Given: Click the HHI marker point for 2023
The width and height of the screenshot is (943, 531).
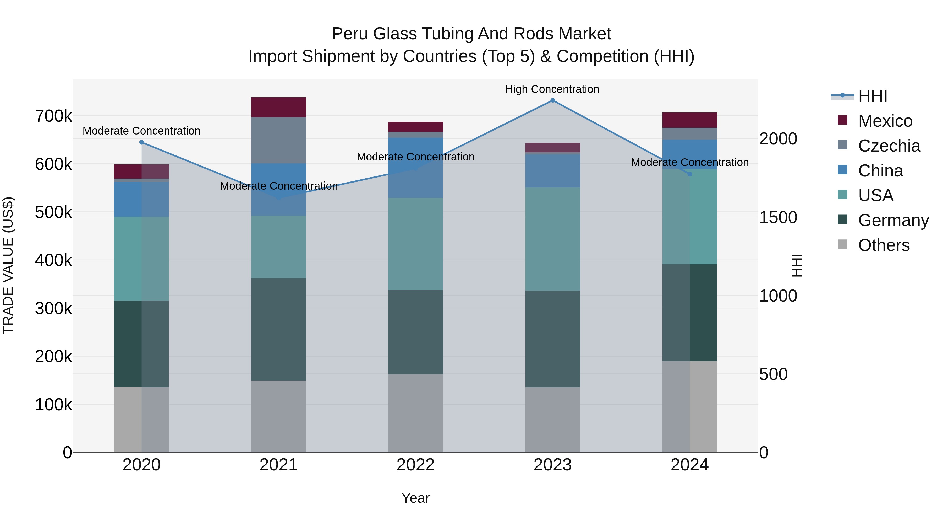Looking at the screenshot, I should click(552, 100).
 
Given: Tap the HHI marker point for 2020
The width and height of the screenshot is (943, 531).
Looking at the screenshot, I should click(142, 142).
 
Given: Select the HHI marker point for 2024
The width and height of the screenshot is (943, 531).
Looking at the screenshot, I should click(690, 174).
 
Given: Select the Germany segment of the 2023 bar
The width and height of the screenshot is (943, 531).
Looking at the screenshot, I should click(552, 339).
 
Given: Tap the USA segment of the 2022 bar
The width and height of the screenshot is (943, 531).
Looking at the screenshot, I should click(415, 244).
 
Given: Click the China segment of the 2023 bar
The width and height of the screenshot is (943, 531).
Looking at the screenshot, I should click(552, 171).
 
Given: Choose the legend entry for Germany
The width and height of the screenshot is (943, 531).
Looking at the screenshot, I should click(893, 220).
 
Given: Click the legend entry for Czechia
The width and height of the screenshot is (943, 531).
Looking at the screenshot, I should click(889, 146).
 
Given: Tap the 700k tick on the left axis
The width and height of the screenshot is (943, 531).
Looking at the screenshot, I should click(53, 116).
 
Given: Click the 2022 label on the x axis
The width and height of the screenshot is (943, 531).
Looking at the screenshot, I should click(415, 465).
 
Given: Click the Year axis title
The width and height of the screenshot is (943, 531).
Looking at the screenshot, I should click(415, 498).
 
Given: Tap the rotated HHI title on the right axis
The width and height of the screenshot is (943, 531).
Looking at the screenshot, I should click(796, 265).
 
